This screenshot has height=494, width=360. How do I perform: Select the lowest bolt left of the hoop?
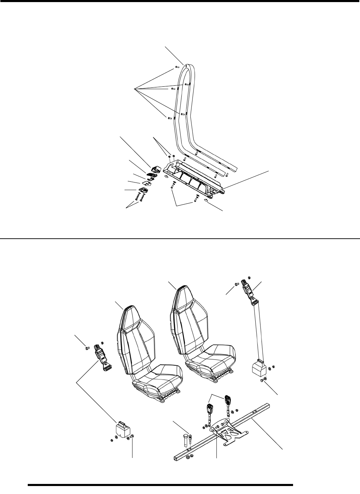[169, 118]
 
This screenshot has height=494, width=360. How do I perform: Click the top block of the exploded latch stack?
[155, 169]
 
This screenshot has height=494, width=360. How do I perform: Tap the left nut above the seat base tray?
[169, 157]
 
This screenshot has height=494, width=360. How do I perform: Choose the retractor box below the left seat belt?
[122, 430]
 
